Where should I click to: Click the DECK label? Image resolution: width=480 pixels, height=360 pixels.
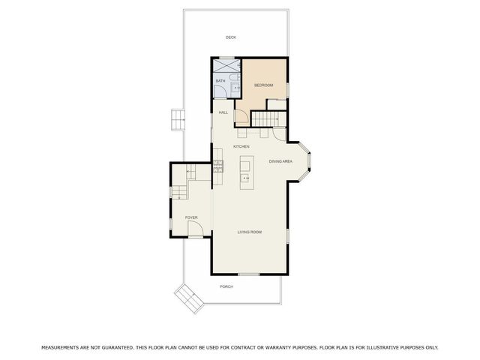point(232,37)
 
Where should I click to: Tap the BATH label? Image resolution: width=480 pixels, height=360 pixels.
point(220,81)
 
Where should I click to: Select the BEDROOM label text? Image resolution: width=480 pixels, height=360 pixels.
point(263,85)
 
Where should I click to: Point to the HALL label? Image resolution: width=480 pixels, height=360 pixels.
point(223,112)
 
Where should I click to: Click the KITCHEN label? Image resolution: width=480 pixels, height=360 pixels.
point(241,146)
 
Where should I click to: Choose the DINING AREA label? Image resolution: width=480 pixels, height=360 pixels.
point(280,161)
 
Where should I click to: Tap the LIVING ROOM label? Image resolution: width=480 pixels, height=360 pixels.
point(250,232)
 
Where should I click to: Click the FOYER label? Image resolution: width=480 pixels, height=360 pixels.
point(191,217)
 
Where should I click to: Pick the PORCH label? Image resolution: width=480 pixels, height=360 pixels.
point(226,287)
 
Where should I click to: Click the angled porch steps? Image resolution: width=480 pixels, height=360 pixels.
point(189,299)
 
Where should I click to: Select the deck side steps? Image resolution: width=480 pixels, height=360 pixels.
point(177,119)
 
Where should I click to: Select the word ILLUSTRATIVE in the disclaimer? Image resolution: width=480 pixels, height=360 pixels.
point(381,347)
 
